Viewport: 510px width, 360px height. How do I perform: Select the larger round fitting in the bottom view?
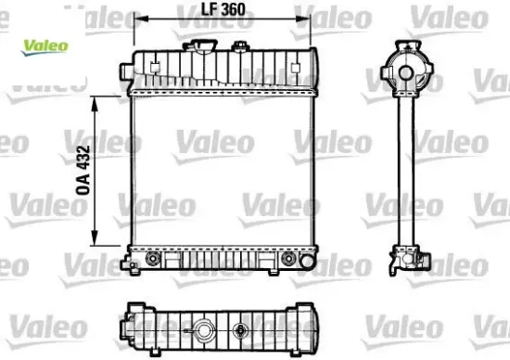202,328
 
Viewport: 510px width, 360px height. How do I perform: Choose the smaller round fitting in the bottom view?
243,328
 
